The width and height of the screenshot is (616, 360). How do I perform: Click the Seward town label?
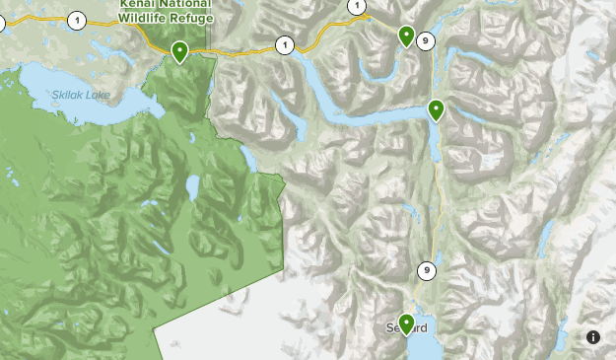398,327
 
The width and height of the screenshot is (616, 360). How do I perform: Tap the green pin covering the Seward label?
405,323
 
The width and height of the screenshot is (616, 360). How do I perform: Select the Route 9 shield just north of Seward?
427,270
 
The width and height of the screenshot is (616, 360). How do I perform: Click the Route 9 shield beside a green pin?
425,40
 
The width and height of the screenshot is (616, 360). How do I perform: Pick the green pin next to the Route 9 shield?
406,36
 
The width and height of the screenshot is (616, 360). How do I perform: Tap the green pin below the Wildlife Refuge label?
179,51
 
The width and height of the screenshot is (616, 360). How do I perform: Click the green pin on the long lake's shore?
436,109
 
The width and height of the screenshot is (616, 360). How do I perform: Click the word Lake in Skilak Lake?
99,95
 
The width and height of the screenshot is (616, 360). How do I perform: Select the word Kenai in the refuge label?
137,4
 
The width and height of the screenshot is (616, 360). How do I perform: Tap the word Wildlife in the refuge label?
142,17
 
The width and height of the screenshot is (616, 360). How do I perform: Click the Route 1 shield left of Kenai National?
77,20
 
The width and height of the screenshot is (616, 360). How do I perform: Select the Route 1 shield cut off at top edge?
357,6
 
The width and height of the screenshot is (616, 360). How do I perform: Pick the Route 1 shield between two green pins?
285,44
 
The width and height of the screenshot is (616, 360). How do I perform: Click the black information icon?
593,337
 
